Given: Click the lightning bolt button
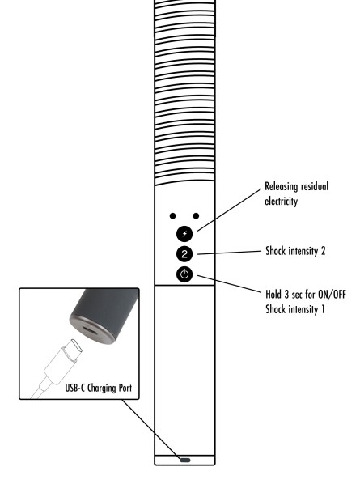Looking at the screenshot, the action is pyautogui.click(x=184, y=234).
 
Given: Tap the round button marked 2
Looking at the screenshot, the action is pyautogui.click(x=184, y=254).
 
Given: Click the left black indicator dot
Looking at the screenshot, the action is pyautogui.click(x=172, y=216).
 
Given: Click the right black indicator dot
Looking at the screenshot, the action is pyautogui.click(x=196, y=216).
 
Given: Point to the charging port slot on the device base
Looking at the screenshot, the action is pyautogui.click(x=184, y=460).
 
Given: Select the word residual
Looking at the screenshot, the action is pyautogui.click(x=315, y=186).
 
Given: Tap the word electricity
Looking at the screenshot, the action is pyautogui.click(x=281, y=202).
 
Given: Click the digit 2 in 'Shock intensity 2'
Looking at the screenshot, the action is pyautogui.click(x=323, y=251).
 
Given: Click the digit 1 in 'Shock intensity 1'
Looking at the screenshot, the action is pyautogui.click(x=322, y=309).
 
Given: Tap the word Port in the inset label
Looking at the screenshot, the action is pyautogui.click(x=125, y=388).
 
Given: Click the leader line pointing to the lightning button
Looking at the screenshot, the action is pyautogui.click(x=230, y=210).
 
